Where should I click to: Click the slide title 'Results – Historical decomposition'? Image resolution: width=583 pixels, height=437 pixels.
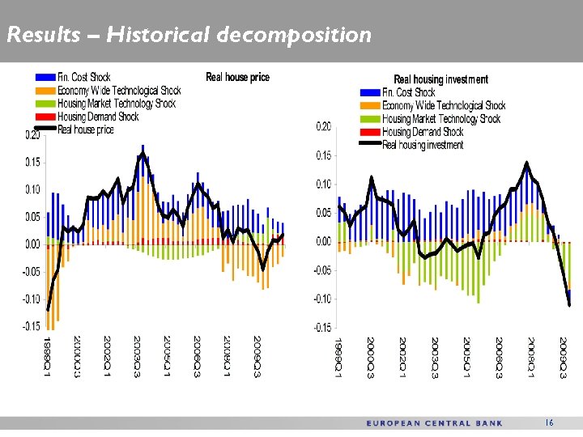(188, 35)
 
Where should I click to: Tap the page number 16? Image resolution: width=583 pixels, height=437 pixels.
(549, 422)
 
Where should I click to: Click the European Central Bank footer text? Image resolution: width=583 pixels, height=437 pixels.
(434, 423)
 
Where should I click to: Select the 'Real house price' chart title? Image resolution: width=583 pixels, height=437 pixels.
(237, 77)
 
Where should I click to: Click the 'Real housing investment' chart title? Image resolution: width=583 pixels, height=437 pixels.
(440, 79)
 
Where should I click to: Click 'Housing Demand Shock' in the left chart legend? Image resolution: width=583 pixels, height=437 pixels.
(98, 117)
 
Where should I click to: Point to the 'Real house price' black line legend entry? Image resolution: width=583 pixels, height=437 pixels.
(85, 129)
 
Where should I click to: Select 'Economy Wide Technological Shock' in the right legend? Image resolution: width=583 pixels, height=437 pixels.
(444, 105)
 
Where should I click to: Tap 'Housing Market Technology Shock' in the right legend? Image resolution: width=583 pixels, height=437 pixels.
(441, 119)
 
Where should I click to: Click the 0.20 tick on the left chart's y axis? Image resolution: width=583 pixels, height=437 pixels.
(31, 135)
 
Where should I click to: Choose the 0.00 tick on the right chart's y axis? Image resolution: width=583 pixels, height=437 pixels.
(322, 242)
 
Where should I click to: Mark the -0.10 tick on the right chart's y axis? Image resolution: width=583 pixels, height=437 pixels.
(321, 299)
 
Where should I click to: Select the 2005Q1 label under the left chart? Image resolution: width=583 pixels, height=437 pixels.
(167, 355)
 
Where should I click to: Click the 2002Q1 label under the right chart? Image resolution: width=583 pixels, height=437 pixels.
(402, 357)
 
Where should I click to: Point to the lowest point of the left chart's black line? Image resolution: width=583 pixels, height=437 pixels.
(48, 310)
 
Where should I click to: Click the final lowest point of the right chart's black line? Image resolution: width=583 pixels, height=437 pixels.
(569, 305)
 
